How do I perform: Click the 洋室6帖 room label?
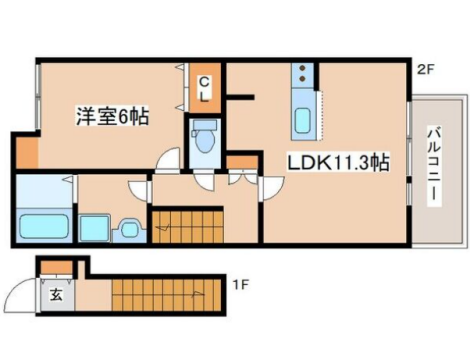pyautogui.click(x=112, y=116)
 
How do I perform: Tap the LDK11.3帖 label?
pyautogui.click(x=338, y=163)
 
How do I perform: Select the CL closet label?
pyautogui.click(x=204, y=89)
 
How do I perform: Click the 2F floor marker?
pyautogui.click(x=425, y=70)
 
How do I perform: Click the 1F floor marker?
pyautogui.click(x=241, y=285)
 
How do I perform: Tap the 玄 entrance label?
pyautogui.click(x=56, y=295)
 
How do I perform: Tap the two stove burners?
pyautogui.click(x=303, y=73)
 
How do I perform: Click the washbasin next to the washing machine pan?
pyautogui.click(x=129, y=228)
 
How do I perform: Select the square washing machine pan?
pyautogui.click(x=94, y=228)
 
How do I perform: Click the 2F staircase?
pyautogui.click(x=188, y=227)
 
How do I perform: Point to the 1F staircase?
pyautogui.click(x=166, y=295)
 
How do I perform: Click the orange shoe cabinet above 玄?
pyautogui.click(x=57, y=267)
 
